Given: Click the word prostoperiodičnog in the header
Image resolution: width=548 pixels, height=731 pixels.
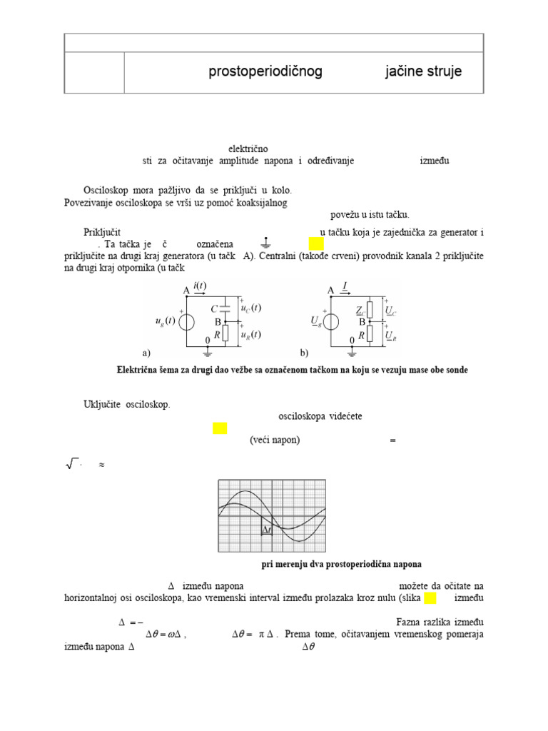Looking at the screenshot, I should (265, 71).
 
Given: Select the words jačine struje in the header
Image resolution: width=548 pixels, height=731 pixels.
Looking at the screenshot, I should (424, 71).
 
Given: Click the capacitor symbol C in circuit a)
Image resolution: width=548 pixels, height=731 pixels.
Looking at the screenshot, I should (225, 308).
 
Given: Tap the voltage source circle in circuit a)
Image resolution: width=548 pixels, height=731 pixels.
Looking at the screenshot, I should (187, 321).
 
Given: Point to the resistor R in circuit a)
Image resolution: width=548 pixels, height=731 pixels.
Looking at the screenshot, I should (225, 333).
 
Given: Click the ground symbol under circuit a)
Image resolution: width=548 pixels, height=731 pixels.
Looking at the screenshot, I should (208, 351).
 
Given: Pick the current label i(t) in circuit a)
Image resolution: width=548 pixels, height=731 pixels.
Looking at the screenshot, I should (200, 286).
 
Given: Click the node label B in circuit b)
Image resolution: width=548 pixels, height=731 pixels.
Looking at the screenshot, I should (362, 321).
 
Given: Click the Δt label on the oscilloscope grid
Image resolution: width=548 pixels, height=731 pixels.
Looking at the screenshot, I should (267, 530).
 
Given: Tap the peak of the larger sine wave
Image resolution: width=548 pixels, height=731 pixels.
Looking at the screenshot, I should (244, 493).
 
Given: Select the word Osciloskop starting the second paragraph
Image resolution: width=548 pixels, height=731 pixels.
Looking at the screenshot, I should (106, 191).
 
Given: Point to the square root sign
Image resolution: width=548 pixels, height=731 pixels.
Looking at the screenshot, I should (71, 465).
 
